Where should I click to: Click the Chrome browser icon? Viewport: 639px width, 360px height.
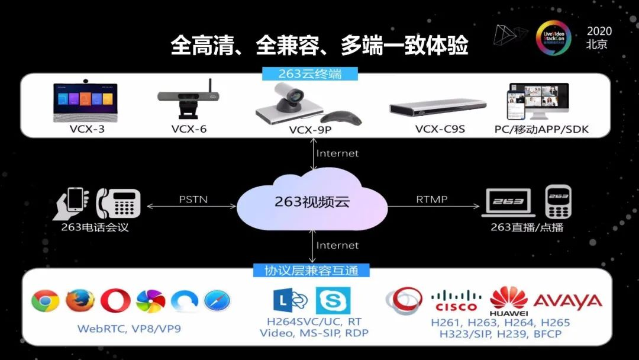coord(45,301)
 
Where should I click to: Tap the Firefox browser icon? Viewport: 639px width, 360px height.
coord(80,301)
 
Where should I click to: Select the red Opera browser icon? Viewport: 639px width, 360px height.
coord(115,301)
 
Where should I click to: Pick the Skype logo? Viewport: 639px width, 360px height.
coord(333,301)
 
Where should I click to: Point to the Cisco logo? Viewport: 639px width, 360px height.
coord(456,301)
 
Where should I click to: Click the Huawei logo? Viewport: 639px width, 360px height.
coord(509,301)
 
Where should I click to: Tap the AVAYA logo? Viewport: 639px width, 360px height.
coord(567,301)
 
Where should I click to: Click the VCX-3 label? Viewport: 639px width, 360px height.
coord(87,129)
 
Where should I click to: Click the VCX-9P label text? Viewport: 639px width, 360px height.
coord(310,130)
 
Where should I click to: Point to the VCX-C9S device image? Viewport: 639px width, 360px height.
coord(438,107)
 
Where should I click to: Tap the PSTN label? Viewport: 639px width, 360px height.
coord(193,200)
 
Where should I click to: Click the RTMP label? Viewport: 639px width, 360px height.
coord(431,200)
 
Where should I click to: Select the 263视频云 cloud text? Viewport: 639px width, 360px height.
coord(312,201)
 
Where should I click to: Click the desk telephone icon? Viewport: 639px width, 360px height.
coord(118,203)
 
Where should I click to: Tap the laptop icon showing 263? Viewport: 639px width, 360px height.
coord(508,202)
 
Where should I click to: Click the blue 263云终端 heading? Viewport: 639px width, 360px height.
coord(309,74)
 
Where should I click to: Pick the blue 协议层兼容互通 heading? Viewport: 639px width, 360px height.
coord(311,271)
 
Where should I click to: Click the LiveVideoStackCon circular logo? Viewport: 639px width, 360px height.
coord(553,38)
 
